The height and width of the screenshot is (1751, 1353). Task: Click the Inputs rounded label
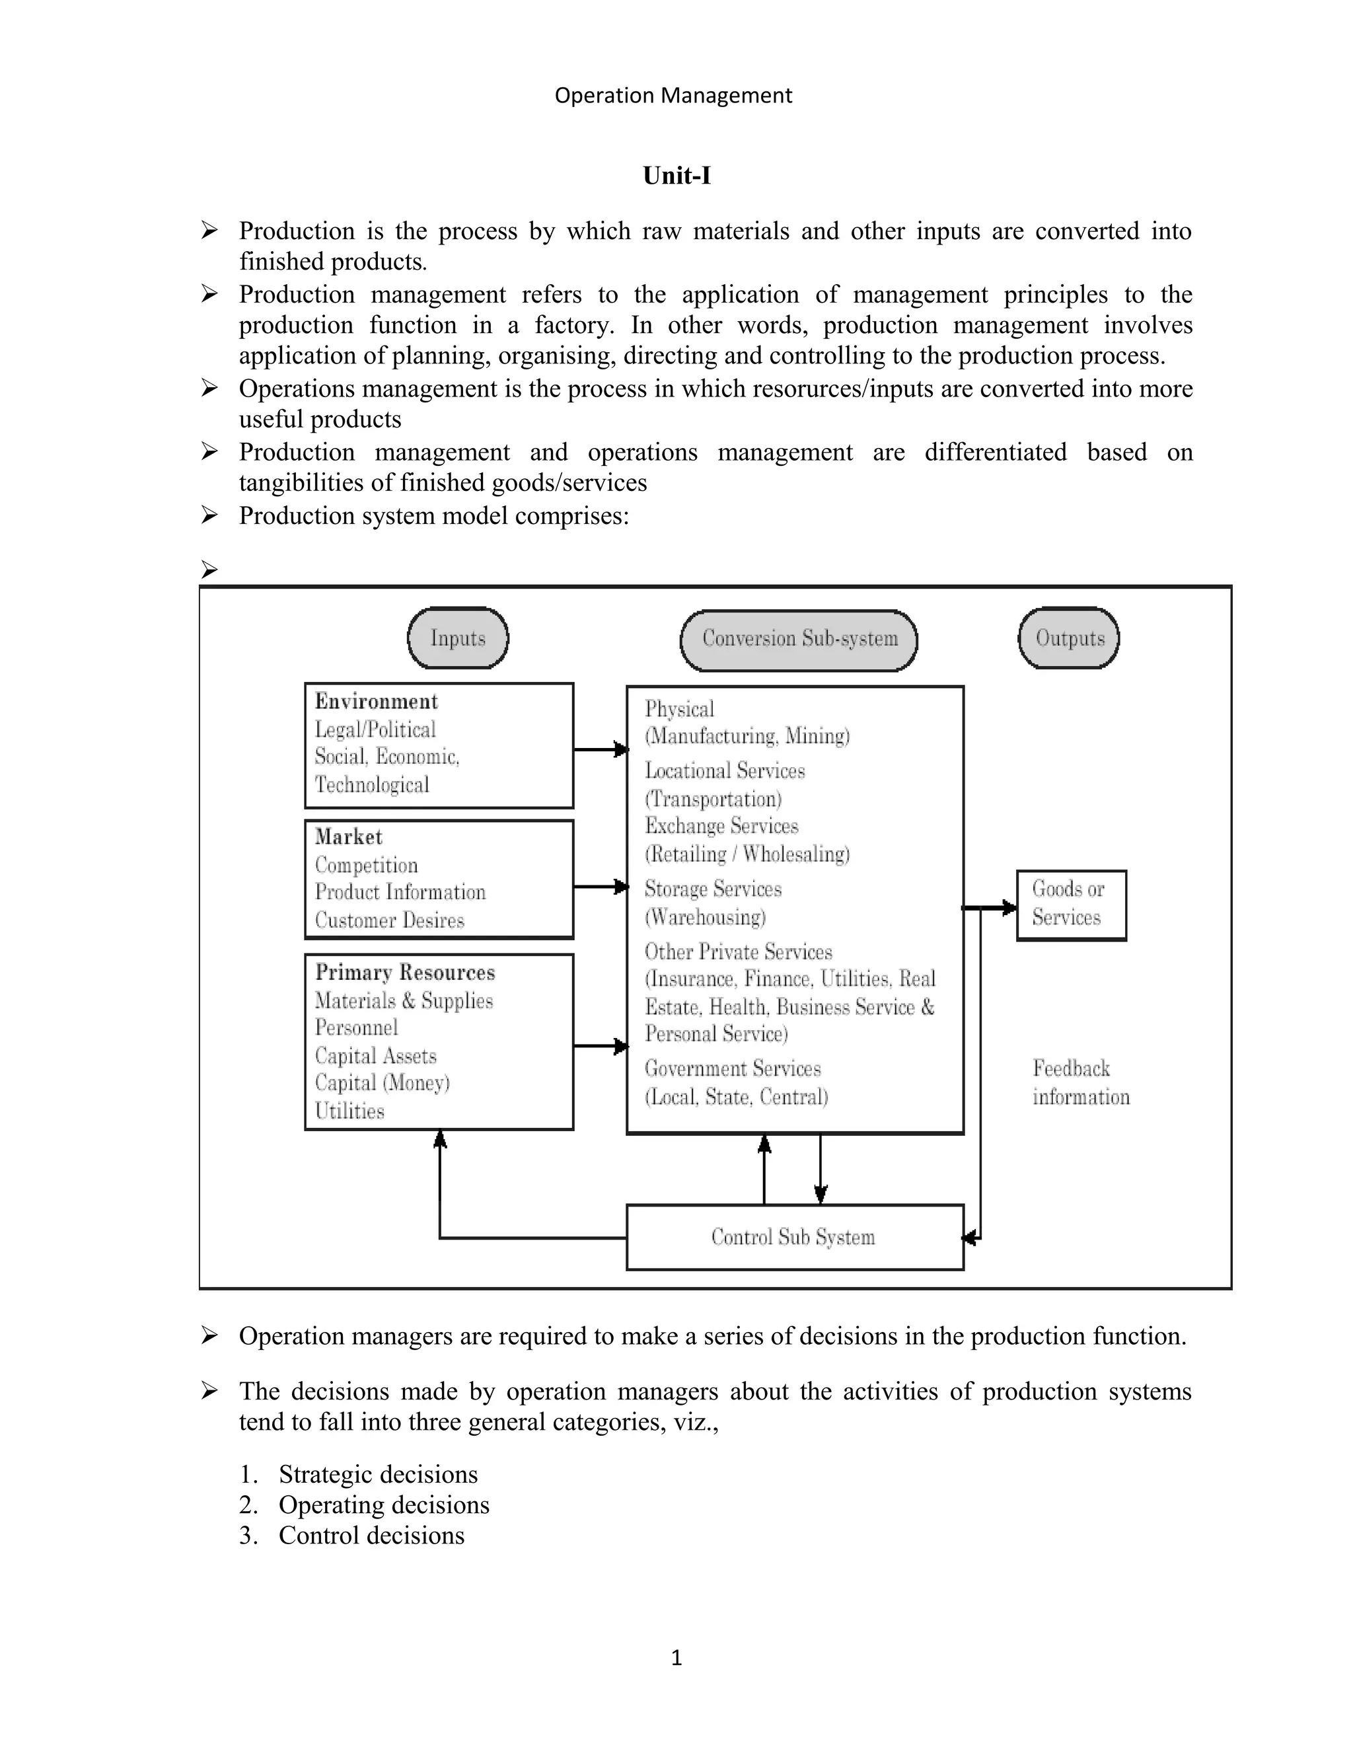coord(458,638)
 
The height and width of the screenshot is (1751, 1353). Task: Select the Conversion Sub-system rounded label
coord(799,639)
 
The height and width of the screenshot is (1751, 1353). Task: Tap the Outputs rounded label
coord(1070,638)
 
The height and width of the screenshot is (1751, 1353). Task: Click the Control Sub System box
coord(794,1237)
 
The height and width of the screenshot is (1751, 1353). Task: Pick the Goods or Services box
coord(1071,905)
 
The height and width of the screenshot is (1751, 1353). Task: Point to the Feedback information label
coord(1079,1082)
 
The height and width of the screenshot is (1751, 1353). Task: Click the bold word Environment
coord(376,702)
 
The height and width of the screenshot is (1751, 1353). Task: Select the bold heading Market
coord(349,837)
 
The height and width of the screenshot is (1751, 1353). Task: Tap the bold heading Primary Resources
coord(405,973)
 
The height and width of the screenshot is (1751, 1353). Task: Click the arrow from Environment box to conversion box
coord(601,750)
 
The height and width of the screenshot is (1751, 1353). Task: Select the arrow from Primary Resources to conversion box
coord(601,1046)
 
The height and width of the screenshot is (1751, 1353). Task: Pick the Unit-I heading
coord(676,176)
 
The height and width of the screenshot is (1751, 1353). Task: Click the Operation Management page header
coord(673,95)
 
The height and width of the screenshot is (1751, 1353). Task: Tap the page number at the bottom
coord(676,1657)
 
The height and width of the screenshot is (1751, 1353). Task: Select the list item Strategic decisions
coord(377,1474)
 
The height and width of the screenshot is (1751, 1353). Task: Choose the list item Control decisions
coord(371,1536)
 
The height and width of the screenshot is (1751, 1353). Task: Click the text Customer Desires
coord(390,920)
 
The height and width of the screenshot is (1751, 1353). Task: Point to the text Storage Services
coord(713,889)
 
